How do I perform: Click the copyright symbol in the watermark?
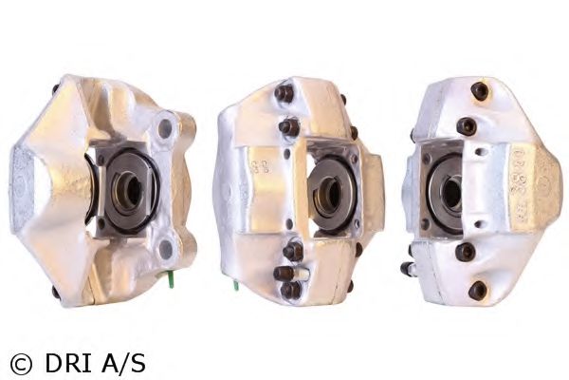[20, 362]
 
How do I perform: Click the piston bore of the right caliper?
[451, 193]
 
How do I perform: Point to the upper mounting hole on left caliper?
[165, 127]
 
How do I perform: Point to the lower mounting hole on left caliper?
[167, 250]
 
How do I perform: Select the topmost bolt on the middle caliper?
[284, 93]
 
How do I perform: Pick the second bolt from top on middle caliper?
[288, 126]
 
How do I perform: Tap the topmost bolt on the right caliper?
[480, 91]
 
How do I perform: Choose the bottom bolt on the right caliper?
[478, 289]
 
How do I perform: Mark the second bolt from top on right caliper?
[467, 125]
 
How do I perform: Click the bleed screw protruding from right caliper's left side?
[409, 269]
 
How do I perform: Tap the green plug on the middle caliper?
[232, 281]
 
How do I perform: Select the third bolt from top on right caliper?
[465, 253]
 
